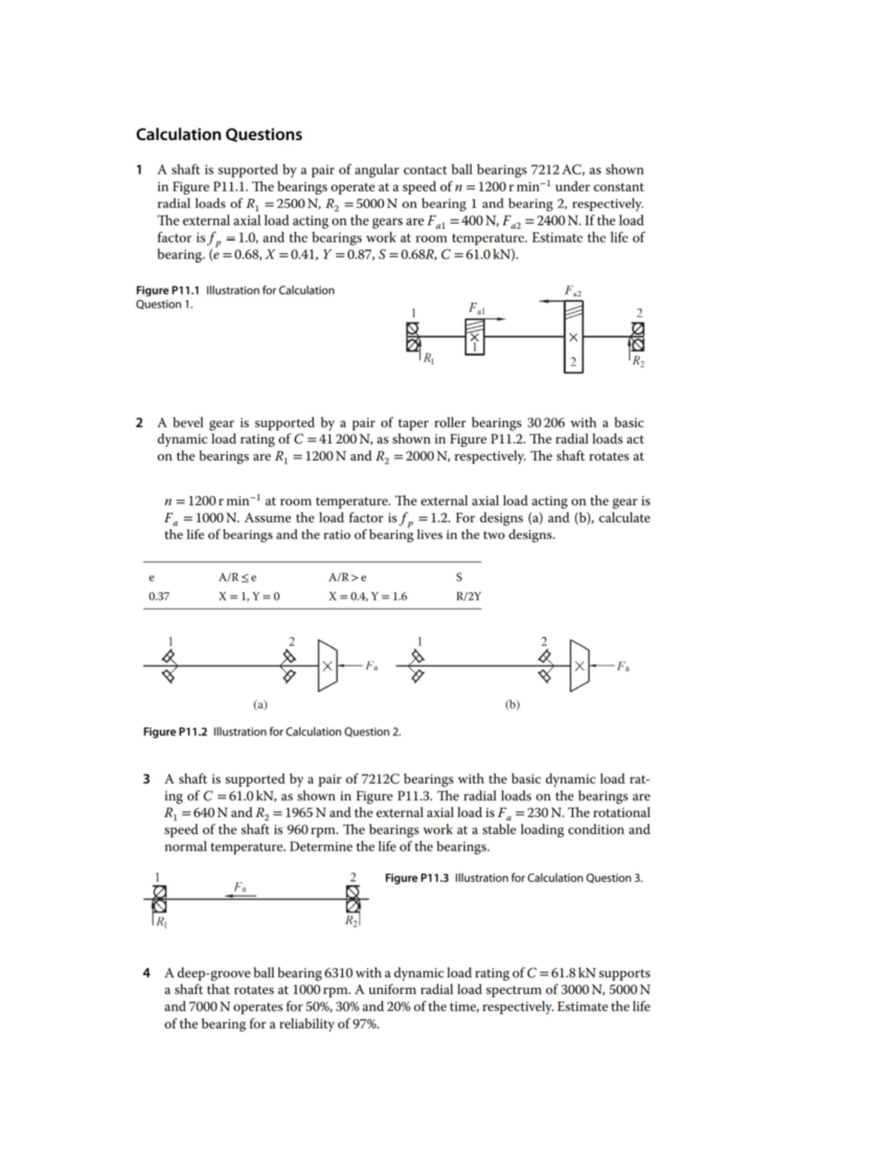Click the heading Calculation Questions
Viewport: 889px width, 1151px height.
(219, 135)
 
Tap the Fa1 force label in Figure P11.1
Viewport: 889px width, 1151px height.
(475, 307)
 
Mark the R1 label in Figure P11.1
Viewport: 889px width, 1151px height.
(428, 361)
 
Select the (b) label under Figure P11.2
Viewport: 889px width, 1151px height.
(512, 703)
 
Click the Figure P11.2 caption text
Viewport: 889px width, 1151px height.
(271, 732)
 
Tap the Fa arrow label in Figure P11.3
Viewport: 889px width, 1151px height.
(239, 886)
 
